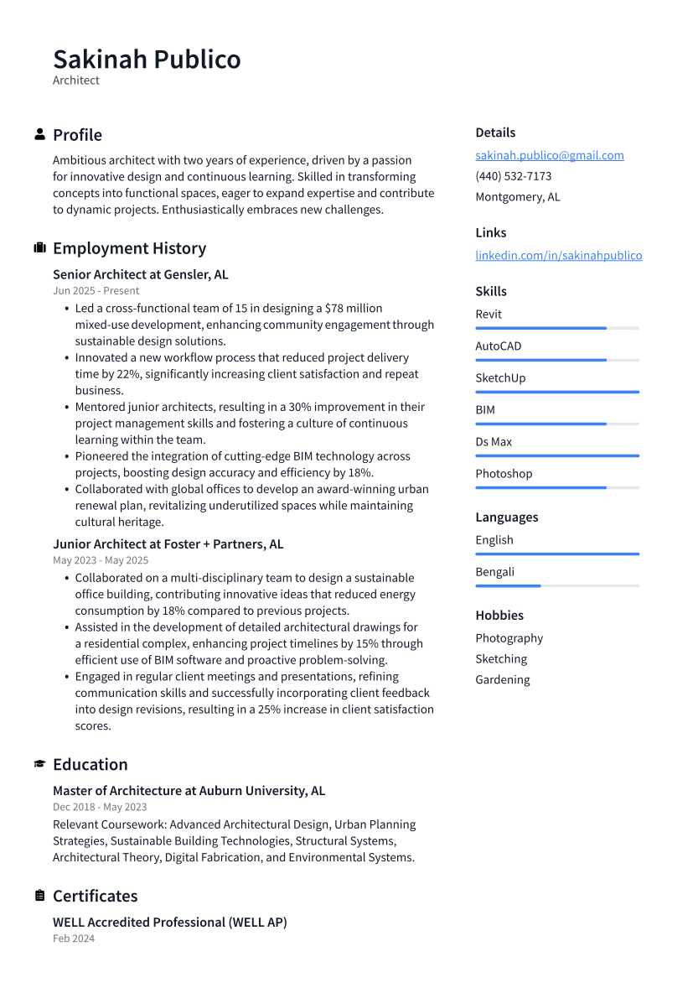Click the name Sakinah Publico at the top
pos(147,60)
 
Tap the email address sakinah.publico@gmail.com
pos(549,155)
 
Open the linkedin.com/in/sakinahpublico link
pos(558,256)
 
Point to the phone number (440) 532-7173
pos(513,176)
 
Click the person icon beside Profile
pos(39,134)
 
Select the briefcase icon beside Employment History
pos(39,248)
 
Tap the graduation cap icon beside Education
pos(39,764)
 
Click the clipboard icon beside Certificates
pos(39,896)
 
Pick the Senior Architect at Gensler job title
pos(140,275)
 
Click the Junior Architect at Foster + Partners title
pos(168,544)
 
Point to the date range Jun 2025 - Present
pos(96,291)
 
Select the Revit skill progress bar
pos(556,328)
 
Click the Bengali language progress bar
pos(556,585)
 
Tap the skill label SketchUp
pos(500,378)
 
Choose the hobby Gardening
pos(502,680)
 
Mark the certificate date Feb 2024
pos(74,939)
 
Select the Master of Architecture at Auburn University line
pos(189,791)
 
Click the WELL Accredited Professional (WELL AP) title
pos(169,923)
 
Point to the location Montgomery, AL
pos(517,197)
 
